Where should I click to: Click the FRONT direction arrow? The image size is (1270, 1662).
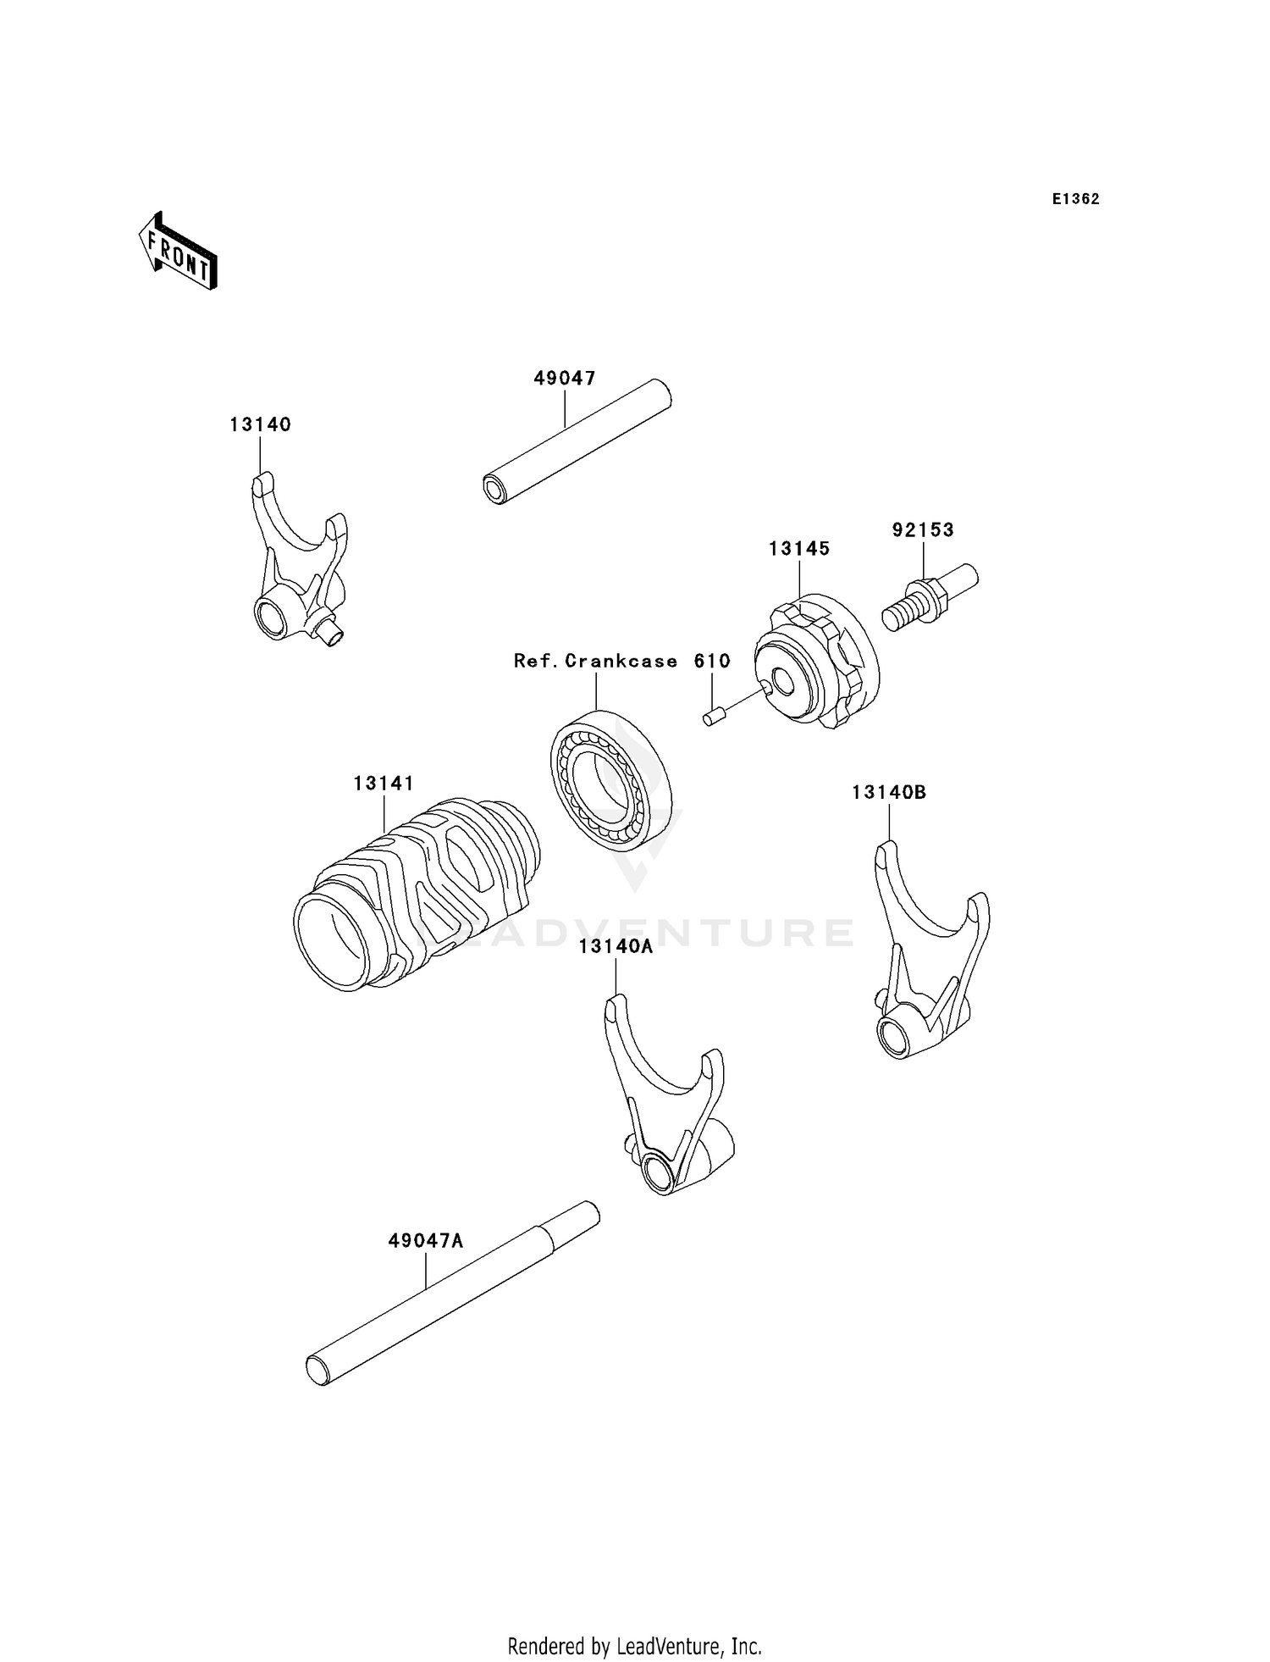tap(179, 252)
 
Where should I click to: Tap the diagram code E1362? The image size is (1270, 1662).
tap(1075, 199)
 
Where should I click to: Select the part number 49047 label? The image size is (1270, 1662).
tap(565, 379)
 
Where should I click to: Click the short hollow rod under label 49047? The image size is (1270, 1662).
tap(576, 443)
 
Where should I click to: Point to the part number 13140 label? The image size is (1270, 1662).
tap(260, 424)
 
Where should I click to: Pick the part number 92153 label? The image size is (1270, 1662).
tap(923, 530)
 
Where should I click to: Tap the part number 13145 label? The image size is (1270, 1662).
tap(799, 549)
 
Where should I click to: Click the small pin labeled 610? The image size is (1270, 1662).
tap(710, 718)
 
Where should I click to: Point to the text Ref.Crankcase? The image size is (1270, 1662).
tap(595, 661)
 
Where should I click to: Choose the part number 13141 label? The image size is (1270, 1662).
tap(384, 784)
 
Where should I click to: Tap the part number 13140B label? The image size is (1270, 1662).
tap(889, 793)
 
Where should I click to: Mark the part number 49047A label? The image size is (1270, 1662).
tap(425, 1241)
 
